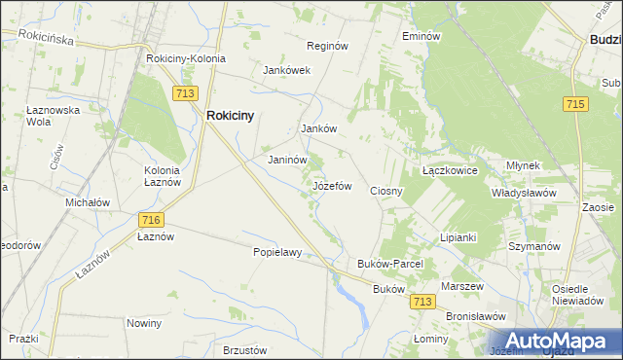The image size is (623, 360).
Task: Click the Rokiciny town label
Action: [x=230, y=115]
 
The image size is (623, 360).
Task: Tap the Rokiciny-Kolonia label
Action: [x=185, y=58]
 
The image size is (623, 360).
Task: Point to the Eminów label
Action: [x=421, y=35]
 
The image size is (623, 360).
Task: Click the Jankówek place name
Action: [x=286, y=70]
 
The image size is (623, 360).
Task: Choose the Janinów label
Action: [x=287, y=161]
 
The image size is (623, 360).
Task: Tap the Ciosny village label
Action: [x=386, y=191]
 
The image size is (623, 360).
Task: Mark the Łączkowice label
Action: [x=449, y=169]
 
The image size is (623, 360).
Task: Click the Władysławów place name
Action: [x=523, y=193]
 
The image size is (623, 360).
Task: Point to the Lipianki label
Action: [x=457, y=237]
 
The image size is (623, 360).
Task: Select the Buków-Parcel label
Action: [x=388, y=264]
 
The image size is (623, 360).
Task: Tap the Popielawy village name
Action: [x=277, y=252]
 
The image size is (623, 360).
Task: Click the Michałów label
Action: [x=88, y=202]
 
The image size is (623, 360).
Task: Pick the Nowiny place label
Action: [x=143, y=322]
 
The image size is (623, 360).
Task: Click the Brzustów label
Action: [x=244, y=349]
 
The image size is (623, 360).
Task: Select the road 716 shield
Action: [x=150, y=221]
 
